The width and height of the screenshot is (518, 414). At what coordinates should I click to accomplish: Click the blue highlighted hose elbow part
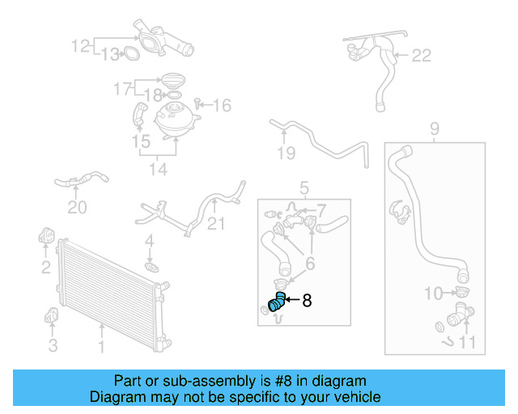277,304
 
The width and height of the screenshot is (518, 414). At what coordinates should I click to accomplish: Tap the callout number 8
306,302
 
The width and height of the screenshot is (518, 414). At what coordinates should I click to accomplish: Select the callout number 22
422,56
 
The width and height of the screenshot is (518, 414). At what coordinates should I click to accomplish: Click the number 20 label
77,208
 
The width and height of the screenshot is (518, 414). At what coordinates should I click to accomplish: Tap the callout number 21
216,224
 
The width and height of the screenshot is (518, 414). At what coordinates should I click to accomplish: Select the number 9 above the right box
434,129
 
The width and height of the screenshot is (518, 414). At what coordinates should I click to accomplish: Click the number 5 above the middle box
304,188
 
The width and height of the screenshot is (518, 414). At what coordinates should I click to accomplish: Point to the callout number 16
222,105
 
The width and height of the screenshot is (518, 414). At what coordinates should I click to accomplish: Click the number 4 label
149,241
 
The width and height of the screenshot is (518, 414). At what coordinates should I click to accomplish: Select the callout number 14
157,169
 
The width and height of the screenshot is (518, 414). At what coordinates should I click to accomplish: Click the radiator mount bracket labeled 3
52,315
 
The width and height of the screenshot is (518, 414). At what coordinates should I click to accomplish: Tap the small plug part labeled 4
150,265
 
